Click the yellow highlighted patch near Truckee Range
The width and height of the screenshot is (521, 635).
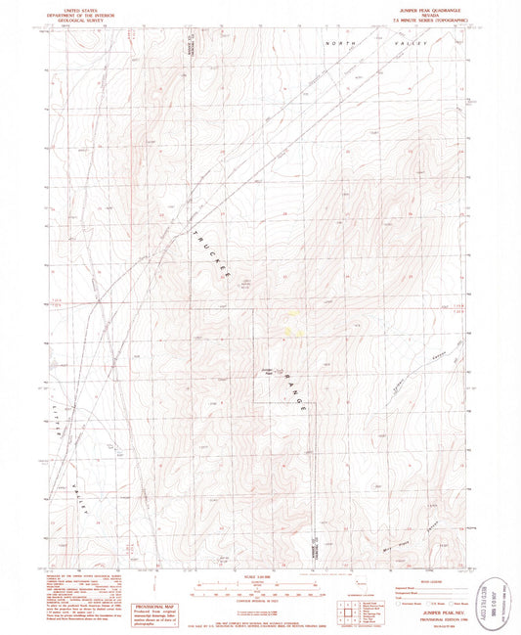point(291,322)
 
